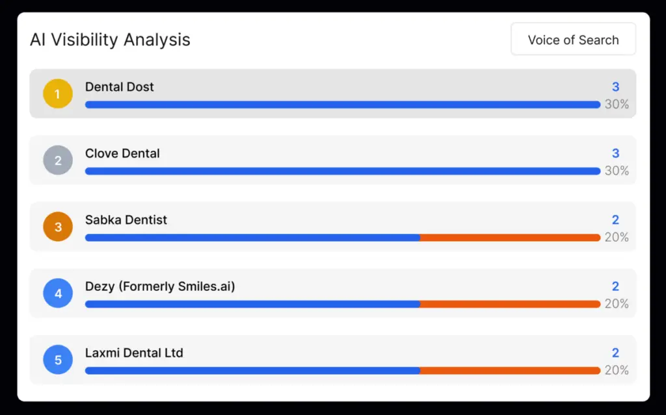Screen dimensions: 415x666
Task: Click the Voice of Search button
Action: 573,40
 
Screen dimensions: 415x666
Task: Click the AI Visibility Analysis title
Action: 110,40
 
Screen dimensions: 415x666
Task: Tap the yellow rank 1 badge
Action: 57,94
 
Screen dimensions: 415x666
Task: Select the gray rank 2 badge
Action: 57,160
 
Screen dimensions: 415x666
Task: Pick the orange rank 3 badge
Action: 57,227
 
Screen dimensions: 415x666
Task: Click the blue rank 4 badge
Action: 57,293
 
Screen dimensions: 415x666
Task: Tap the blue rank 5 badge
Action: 57,360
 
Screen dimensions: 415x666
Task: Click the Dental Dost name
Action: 120,87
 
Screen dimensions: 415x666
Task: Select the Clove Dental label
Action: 122,153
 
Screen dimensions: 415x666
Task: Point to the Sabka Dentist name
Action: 126,220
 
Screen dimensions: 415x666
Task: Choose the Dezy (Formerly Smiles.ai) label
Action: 160,286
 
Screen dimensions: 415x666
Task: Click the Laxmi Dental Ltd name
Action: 134,353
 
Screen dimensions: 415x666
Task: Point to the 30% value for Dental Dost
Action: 617,105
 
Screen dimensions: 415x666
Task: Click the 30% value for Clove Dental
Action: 617,171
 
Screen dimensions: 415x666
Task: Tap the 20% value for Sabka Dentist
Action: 617,238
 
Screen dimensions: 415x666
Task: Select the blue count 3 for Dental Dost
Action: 615,87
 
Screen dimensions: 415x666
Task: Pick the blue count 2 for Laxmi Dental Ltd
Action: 615,353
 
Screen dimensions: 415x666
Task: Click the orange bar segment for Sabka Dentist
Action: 510,238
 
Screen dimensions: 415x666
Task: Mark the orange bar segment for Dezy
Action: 510,304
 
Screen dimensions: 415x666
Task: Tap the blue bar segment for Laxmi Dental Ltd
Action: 252,371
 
